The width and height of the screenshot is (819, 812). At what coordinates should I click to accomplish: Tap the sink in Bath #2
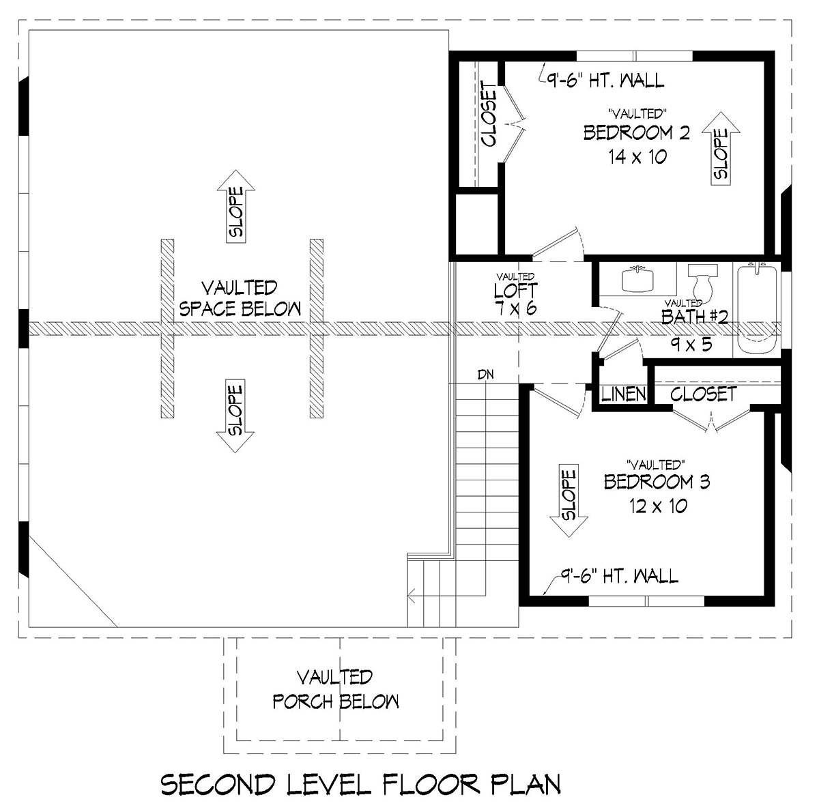tap(637, 279)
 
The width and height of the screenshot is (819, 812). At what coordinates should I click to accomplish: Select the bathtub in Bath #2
tap(757, 310)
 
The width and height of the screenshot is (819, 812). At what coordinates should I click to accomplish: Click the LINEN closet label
tap(624, 394)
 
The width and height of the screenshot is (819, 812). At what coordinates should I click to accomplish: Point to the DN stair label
tap(486, 374)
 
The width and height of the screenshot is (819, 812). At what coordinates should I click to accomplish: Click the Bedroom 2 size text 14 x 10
tap(637, 157)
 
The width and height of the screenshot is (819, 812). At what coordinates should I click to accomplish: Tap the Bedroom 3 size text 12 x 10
tap(659, 506)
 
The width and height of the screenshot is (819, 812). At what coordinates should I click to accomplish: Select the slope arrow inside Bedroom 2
tap(721, 149)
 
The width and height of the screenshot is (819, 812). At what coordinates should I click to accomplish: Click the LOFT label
tap(515, 291)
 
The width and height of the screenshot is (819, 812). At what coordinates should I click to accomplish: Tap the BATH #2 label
tap(695, 317)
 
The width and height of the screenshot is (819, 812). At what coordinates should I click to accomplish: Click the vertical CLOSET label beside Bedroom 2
tap(489, 114)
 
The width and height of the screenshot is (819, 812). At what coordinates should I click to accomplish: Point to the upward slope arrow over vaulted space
tap(236, 207)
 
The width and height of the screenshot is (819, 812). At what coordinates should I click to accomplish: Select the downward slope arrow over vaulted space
tap(235, 416)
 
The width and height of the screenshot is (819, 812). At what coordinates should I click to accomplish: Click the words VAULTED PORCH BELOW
tap(335, 690)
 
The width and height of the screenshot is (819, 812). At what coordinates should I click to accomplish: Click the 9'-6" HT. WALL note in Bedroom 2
tap(605, 81)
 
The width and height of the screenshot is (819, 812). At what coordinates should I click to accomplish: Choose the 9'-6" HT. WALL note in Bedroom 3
tap(619, 576)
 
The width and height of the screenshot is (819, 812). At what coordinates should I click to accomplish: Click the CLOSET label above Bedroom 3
tap(704, 394)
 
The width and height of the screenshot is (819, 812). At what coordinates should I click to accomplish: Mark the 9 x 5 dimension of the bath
tap(691, 345)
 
